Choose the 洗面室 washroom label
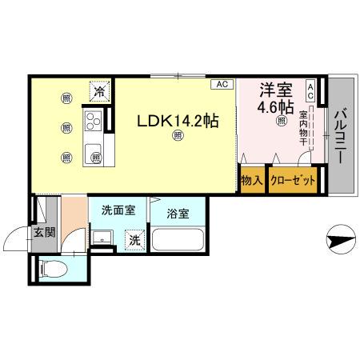(117, 211)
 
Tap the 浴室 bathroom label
(178, 214)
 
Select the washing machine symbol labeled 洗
(135, 238)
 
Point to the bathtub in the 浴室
(178, 240)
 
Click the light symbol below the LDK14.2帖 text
(177, 137)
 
